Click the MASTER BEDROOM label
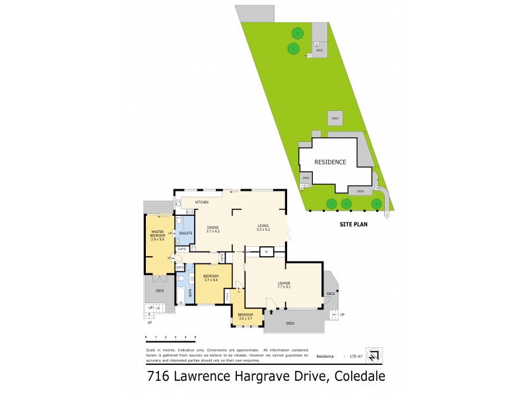click(158, 234)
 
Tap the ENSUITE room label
click(185, 234)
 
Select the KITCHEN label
click(201, 201)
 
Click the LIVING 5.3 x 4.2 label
click(263, 228)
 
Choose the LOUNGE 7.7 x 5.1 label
click(284, 286)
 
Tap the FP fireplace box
click(266, 252)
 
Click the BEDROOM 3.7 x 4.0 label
click(211, 278)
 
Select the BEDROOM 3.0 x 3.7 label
click(246, 316)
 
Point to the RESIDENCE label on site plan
click(330, 162)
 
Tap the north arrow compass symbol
click(374, 356)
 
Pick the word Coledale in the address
click(360, 378)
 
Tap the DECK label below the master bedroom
click(159, 290)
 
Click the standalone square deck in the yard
click(335, 118)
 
